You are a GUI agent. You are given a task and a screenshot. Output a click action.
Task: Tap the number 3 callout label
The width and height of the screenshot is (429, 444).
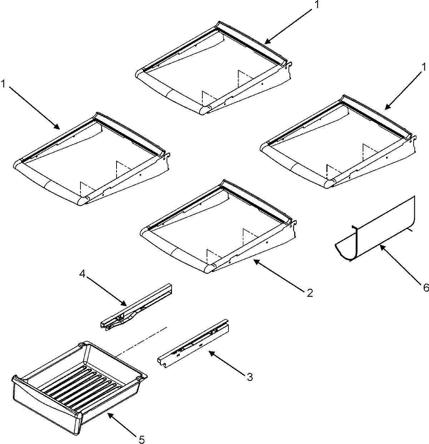click(250, 377)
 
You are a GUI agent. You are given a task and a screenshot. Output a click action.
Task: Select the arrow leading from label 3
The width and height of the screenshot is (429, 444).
click(227, 363)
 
